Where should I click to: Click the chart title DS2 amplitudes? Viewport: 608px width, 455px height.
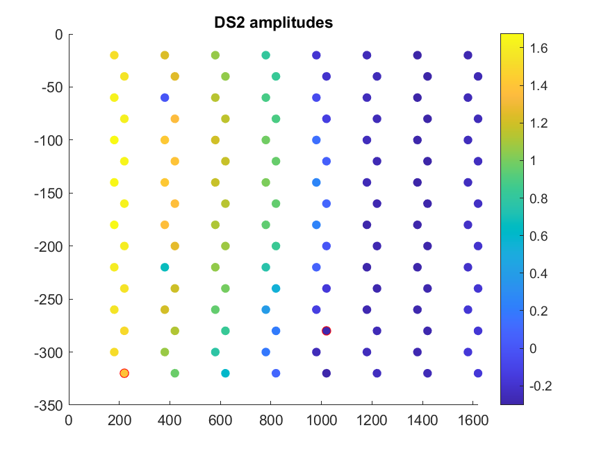tap(273, 23)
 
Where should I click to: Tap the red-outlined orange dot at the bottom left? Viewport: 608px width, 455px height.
tap(124, 373)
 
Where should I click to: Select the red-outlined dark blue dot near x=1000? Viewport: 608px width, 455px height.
tap(327, 331)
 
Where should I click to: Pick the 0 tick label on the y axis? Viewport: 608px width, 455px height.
tap(58, 34)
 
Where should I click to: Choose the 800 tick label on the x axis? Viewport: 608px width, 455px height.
tap(270, 420)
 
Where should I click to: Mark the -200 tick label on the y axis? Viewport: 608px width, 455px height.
tap(49, 246)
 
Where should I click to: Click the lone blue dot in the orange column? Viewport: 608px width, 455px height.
tap(165, 98)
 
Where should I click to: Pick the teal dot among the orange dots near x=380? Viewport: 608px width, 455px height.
tap(165, 267)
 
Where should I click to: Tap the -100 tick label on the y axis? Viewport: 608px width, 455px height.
tap(49, 140)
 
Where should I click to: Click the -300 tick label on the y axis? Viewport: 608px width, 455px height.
tap(49, 352)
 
